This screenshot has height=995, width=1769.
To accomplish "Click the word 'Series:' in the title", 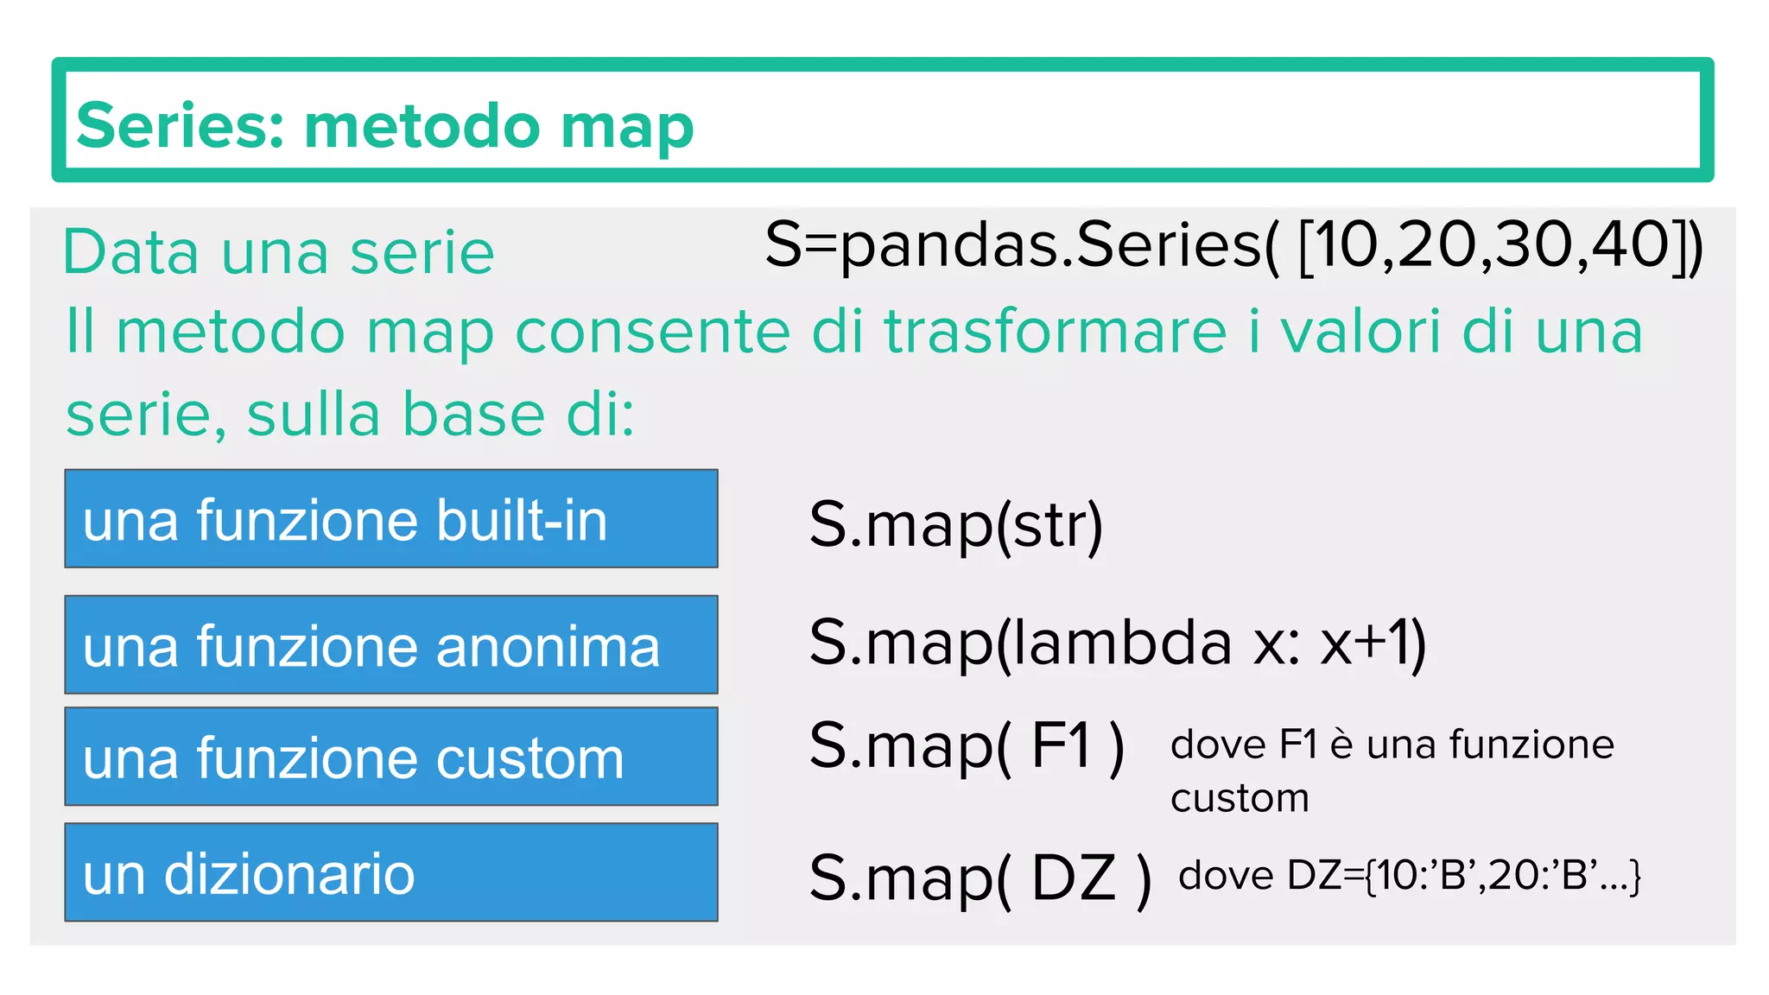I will [x=180, y=126].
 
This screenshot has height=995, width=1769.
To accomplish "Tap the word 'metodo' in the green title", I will [x=422, y=126].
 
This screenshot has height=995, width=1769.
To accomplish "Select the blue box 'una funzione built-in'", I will [x=391, y=519].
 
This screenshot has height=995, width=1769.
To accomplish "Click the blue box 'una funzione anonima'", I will [x=391, y=644].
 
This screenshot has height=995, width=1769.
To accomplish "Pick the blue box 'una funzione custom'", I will [x=391, y=757].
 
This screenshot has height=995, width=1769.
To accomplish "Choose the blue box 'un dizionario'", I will [x=391, y=872].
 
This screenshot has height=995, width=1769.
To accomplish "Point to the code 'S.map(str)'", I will [x=955, y=524].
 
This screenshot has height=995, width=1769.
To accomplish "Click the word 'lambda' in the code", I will [x=1122, y=643].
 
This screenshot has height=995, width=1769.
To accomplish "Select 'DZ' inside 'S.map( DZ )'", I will [x=1074, y=878].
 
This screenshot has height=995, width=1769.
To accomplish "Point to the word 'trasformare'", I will [x=1055, y=332].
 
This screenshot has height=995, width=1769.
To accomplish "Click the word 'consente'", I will [x=652, y=332].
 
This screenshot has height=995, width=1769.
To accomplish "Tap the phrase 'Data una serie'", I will [x=278, y=252].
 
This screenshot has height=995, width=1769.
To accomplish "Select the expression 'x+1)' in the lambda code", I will [x=1373, y=643].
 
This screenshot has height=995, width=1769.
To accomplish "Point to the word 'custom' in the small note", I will [x=1240, y=798].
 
